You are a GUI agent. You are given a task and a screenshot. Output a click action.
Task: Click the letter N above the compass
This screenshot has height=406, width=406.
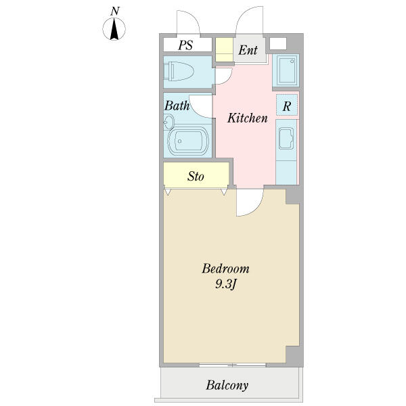point(115,12)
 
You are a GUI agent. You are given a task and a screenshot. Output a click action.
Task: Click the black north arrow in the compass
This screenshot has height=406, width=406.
point(114,30)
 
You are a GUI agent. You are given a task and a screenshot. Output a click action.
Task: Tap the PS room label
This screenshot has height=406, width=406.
point(185,45)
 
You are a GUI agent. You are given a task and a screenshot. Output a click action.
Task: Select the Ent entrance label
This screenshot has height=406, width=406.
point(248,50)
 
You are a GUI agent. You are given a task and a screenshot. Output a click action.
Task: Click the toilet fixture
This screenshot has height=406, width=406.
point(179,71)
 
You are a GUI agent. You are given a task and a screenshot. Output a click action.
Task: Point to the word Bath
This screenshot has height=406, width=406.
point(177,106)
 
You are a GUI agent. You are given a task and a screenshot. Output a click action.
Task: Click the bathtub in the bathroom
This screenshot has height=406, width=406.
point(188,141)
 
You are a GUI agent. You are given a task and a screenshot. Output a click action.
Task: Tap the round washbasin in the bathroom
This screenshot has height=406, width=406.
point(168,122)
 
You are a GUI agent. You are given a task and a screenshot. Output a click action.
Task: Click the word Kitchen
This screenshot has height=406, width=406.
point(248,118)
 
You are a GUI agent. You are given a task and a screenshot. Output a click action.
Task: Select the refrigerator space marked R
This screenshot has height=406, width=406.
point(287,105)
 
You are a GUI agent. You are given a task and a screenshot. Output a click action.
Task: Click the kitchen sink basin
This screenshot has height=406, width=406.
point(286,139)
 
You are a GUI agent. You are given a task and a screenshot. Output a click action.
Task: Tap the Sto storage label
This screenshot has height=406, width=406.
point(196,177)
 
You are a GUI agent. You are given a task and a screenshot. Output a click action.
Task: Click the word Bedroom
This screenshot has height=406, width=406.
point(225,269)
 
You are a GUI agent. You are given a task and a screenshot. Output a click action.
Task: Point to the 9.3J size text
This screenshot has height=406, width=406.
point(226,285)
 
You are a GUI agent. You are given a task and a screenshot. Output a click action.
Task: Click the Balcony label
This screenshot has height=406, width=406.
point(227,385)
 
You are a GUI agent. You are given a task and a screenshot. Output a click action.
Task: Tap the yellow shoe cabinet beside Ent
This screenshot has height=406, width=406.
point(225,50)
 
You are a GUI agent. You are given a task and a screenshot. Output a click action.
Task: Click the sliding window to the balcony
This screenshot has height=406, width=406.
point(233,365)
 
